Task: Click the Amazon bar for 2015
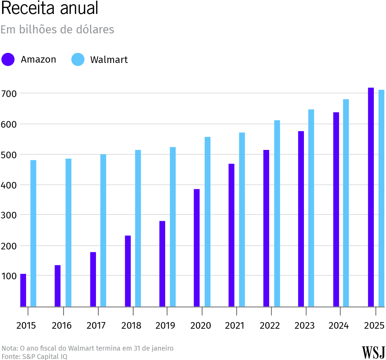[x=23, y=290]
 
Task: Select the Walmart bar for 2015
[x=33, y=233]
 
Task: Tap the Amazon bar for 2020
[x=197, y=248]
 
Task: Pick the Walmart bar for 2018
[x=138, y=228]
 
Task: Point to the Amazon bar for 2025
[x=371, y=197]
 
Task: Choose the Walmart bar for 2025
[x=381, y=198]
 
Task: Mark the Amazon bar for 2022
[x=266, y=228]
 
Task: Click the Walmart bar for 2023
[x=311, y=208]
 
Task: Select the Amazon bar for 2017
[x=93, y=279]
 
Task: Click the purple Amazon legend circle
[x=8, y=59]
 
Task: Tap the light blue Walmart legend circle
[x=78, y=59]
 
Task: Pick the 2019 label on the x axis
[x=166, y=326]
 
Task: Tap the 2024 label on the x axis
[x=339, y=326]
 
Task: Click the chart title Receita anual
[x=50, y=8]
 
